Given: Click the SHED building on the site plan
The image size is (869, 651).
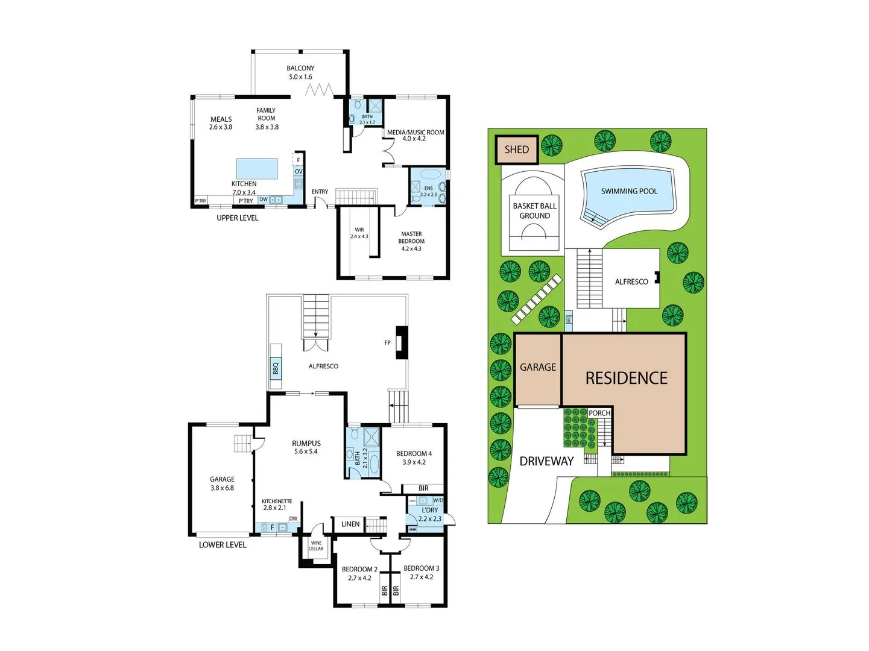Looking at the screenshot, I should (517, 149).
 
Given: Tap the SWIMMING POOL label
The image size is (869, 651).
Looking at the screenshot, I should (629, 191).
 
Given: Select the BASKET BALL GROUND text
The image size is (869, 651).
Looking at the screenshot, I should (534, 210).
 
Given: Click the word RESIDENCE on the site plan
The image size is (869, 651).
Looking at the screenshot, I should (627, 379).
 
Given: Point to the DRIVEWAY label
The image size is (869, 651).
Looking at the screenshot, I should (546, 461).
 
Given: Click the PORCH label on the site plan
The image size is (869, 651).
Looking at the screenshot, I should (599, 413).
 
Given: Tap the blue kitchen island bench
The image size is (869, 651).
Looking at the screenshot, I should (257, 169).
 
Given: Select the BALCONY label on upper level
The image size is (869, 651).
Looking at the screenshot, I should (300, 69).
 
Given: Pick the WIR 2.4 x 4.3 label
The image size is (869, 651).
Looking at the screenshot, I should (359, 233).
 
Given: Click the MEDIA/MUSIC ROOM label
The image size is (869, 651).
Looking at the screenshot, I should (416, 133).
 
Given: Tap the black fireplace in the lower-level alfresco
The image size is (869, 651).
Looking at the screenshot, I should (402, 342).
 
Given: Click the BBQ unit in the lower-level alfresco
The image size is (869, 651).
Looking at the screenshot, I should (276, 366).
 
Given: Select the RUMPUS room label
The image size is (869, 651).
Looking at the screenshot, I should (306, 444).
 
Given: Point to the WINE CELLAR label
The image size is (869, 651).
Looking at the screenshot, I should (316, 546).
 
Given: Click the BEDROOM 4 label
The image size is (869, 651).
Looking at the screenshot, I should (414, 454).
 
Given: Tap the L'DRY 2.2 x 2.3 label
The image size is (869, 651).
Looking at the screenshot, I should (430, 514).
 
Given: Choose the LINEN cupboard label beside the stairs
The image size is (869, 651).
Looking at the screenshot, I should (350, 524).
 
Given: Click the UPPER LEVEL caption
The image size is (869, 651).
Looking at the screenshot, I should (237, 218).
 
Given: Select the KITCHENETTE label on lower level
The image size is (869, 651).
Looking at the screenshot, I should (277, 502).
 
